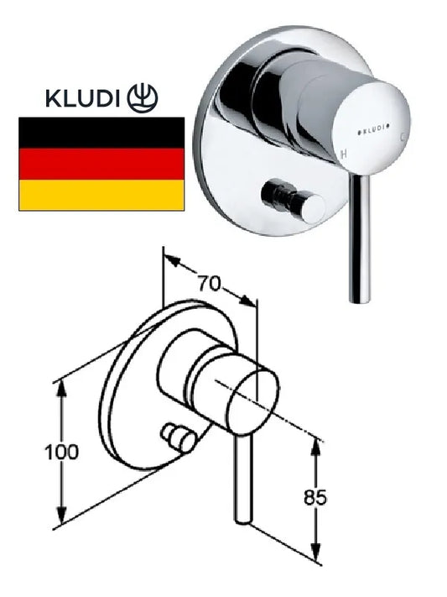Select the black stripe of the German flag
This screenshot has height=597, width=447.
click(101, 133)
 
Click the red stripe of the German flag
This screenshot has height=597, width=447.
click(101, 164)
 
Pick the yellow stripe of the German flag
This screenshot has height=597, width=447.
click(101, 195)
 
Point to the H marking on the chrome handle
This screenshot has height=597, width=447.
click(344, 154)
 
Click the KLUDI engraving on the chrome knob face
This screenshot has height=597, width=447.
click(376, 129)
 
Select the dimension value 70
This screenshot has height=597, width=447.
click(209, 283)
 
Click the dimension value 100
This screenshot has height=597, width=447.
click(61, 452)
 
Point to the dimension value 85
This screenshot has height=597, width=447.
click(315, 497)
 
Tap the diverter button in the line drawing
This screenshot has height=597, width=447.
click(177, 438)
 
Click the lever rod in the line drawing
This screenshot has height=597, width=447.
click(242, 479)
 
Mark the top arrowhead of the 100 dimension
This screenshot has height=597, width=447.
click(62, 388)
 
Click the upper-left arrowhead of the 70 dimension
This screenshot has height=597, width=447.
click(171, 259)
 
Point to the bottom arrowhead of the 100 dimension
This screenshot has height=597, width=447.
click(62, 516)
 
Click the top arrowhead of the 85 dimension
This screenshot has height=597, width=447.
click(315, 447)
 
